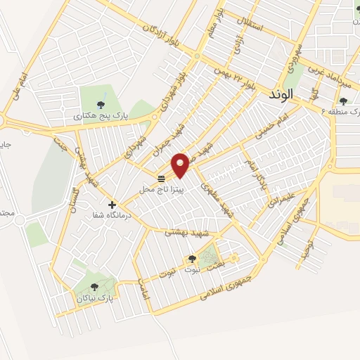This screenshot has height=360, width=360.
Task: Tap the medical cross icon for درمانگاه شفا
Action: tap(111, 205)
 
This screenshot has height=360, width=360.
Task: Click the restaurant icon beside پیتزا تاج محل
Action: tap(162, 178)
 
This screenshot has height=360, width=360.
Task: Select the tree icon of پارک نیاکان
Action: tap(95, 286)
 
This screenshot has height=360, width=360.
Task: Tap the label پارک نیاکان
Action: tap(95, 298)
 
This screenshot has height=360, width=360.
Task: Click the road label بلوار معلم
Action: tap(214, 24)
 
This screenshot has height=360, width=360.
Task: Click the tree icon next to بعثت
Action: tap(192, 258)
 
